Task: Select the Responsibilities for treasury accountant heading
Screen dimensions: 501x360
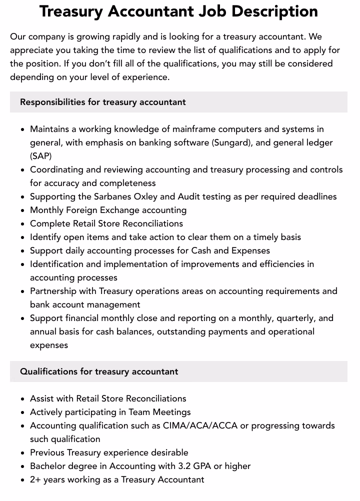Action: pos(102,102)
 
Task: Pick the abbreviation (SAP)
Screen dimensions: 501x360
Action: pos(40,156)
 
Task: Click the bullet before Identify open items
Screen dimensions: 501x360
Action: pos(23,237)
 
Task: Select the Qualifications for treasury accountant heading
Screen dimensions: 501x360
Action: pos(99,371)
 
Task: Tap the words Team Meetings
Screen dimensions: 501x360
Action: pos(159,412)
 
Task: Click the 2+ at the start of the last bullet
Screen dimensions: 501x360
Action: pos(35,479)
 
